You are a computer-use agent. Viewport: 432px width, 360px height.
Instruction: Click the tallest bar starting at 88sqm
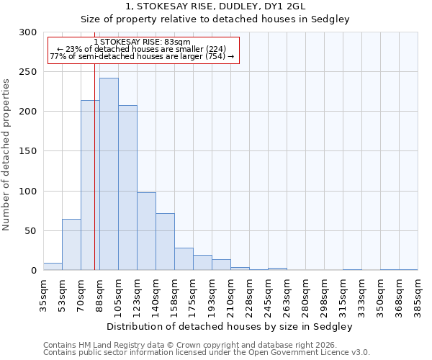(109, 174)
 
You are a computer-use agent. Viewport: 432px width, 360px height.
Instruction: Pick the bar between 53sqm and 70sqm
(71, 245)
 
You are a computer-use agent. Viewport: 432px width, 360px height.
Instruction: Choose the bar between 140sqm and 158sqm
(165, 242)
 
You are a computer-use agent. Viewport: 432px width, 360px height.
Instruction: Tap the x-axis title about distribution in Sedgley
(230, 326)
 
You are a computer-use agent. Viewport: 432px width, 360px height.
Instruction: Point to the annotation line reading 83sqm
(142, 42)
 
